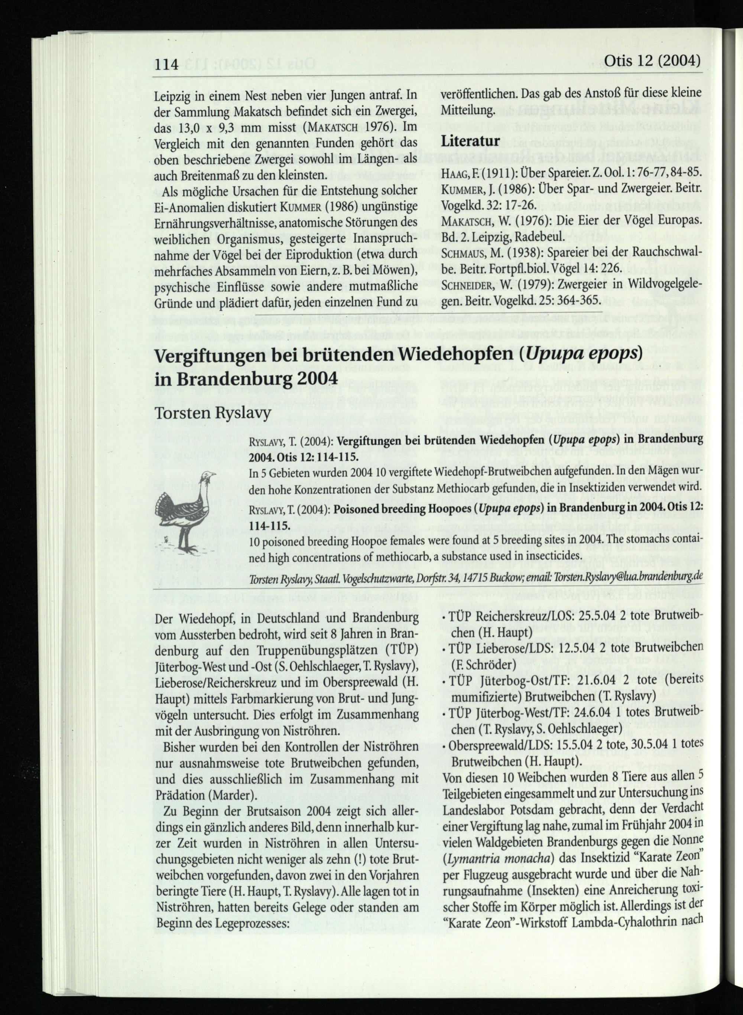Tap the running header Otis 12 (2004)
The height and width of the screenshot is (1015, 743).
click(x=653, y=60)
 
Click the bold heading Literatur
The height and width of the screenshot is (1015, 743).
click(x=470, y=141)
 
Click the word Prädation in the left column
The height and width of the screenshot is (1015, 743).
click(x=181, y=795)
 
